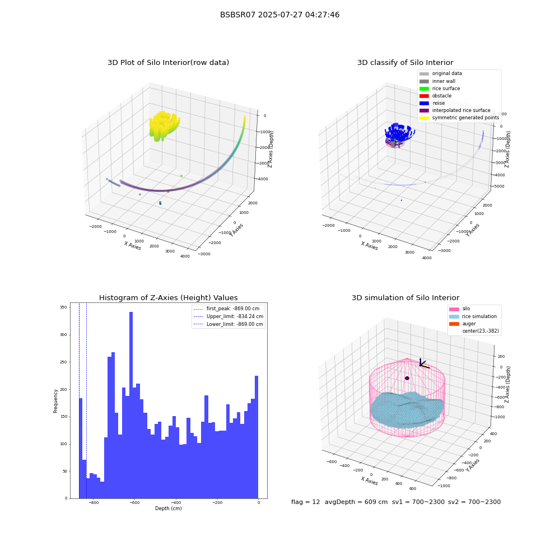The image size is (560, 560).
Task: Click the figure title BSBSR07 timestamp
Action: pyautogui.click(x=279, y=15)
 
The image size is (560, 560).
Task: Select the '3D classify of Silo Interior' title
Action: pyautogui.click(x=405, y=63)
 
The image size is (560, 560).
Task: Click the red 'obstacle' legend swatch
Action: pyautogui.click(x=424, y=96)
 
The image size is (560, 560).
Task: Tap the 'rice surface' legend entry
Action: pyautogui.click(x=440, y=88)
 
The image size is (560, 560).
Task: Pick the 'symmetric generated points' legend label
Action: pyautogui.click(x=466, y=118)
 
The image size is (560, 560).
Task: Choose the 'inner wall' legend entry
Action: pyautogui.click(x=437, y=81)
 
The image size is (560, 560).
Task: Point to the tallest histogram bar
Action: pyautogui.click(x=131, y=405)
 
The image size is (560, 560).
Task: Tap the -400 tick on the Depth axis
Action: pyautogui.click(x=175, y=502)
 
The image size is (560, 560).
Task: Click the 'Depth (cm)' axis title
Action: pyautogui.click(x=169, y=508)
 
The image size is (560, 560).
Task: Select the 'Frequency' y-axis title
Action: pyautogui.click(x=55, y=401)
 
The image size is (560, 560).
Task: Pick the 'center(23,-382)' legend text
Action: pyautogui.click(x=480, y=331)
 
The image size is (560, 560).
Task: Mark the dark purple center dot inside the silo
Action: pyautogui.click(x=407, y=378)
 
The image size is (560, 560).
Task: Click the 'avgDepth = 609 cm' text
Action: pyautogui.click(x=356, y=502)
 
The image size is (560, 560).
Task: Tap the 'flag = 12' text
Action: pyautogui.click(x=305, y=502)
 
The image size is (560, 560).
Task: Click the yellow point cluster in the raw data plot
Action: pyautogui.click(x=164, y=125)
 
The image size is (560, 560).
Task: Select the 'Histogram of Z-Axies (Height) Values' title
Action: pyautogui.click(x=168, y=298)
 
